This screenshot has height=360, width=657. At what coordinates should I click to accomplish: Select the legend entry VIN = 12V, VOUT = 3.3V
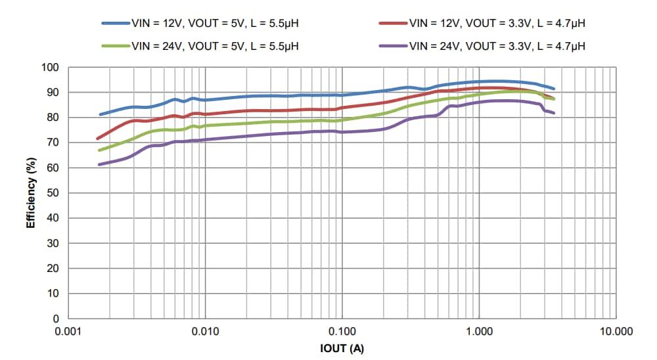click(497, 24)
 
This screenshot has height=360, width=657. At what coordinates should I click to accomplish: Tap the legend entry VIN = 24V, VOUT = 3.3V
click(497, 46)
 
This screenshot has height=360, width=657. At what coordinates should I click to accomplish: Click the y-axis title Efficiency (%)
click(31, 193)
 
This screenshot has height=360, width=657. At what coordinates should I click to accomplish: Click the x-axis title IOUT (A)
click(342, 348)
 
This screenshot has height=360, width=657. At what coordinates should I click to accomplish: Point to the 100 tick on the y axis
click(51, 68)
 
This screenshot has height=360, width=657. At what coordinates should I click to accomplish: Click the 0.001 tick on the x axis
click(68, 332)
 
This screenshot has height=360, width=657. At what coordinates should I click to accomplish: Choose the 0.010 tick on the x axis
click(206, 332)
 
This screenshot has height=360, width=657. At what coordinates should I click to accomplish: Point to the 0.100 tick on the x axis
click(342, 332)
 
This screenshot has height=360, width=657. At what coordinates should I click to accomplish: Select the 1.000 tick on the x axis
click(479, 332)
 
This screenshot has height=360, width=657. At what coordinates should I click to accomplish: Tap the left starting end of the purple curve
click(99, 164)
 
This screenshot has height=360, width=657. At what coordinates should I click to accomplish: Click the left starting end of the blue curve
click(100, 114)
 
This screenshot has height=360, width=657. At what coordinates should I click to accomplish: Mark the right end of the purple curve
click(554, 113)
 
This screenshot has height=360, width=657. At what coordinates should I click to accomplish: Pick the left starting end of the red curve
click(98, 139)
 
